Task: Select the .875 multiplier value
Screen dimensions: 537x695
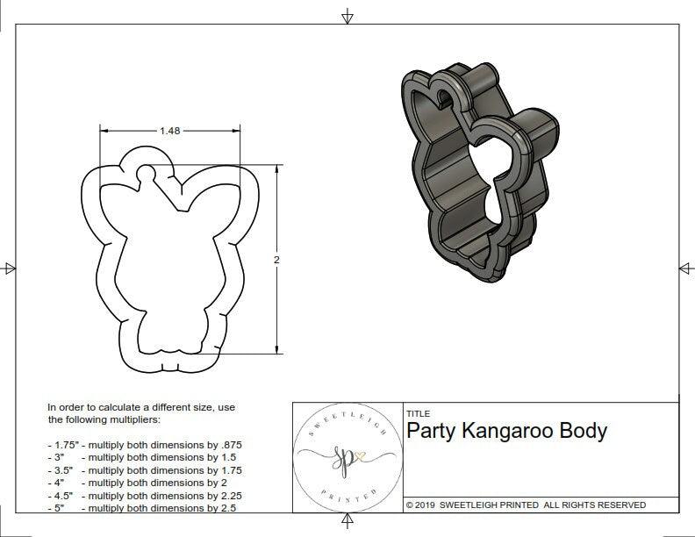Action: [226, 445]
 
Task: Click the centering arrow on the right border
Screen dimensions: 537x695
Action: [684, 268]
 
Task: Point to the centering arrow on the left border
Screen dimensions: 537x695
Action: [10, 268]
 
